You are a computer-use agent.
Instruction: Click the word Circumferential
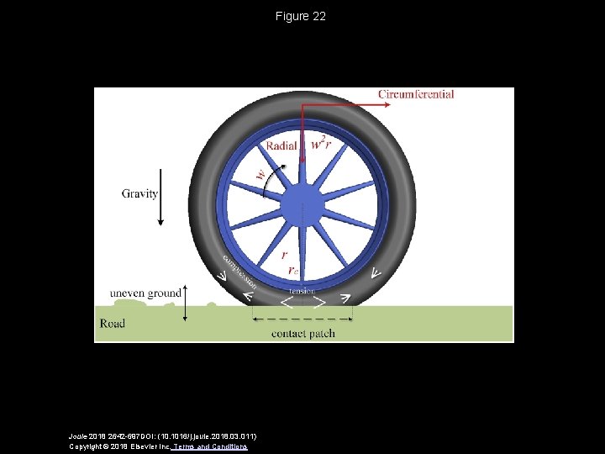click(416, 94)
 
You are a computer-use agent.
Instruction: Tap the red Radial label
click(281, 145)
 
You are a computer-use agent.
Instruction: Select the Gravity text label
click(139, 193)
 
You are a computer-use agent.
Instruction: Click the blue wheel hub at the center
click(301, 203)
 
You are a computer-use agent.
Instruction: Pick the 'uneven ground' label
click(145, 293)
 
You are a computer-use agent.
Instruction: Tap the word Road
click(113, 323)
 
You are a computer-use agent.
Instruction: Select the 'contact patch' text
click(302, 333)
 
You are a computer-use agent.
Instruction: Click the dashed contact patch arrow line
click(302, 319)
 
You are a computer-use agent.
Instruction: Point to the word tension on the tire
click(302, 290)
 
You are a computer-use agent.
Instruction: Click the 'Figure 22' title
click(301, 17)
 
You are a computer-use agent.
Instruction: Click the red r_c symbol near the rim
click(292, 270)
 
